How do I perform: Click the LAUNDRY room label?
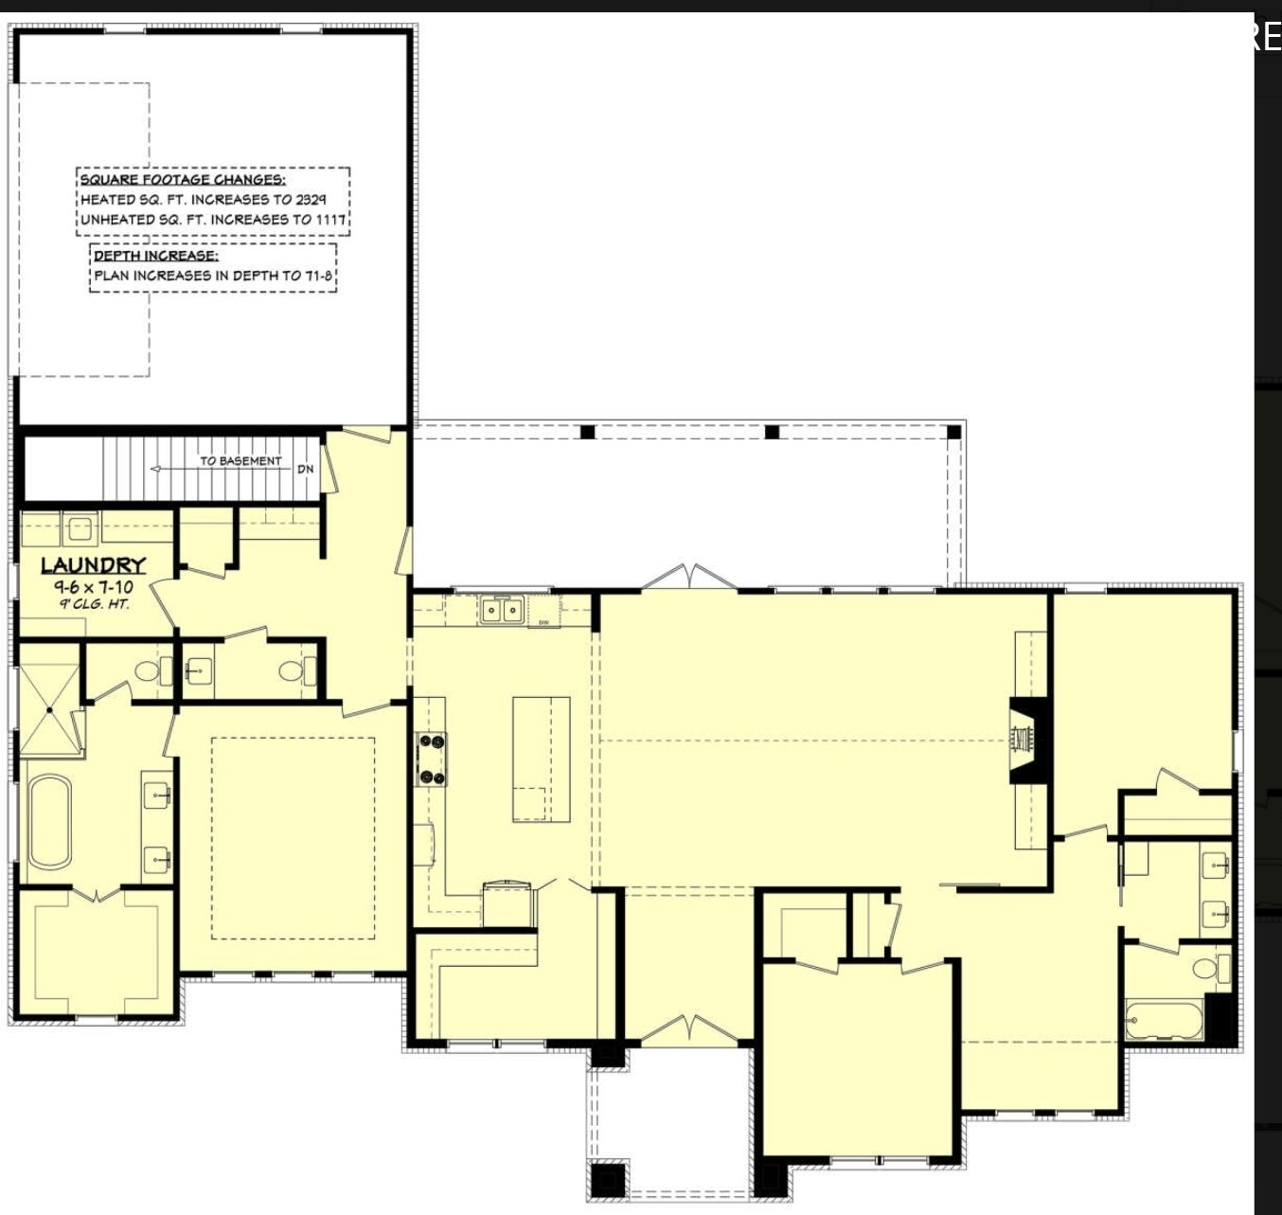click(94, 565)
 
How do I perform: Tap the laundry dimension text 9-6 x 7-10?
click(93, 588)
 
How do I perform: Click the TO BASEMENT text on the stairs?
click(240, 461)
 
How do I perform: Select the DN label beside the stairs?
click(305, 469)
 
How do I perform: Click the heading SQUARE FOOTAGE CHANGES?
click(183, 179)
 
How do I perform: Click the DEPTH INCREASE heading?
click(156, 256)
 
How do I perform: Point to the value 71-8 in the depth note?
click(318, 276)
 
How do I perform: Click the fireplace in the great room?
click(1027, 741)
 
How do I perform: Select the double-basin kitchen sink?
click(501, 611)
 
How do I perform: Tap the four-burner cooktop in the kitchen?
click(432, 759)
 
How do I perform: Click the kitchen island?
click(541, 759)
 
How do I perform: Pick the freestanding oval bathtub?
click(49, 820)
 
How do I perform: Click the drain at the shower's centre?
click(49, 709)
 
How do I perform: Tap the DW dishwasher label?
click(543, 623)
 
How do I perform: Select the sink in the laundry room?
click(80, 528)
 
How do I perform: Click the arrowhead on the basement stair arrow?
click(155, 469)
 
